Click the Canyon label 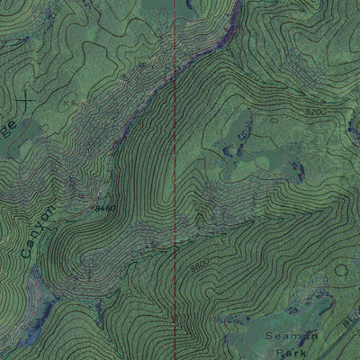[37, 229]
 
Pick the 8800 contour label [199, 266]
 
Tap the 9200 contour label [314, 110]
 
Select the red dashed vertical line [174, 180]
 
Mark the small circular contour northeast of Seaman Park [340, 268]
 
